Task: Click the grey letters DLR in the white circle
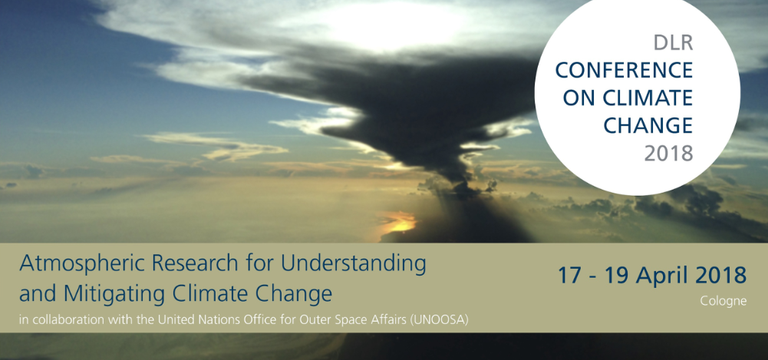pyautogui.click(x=674, y=43)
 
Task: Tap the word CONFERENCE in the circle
pyautogui.click(x=624, y=71)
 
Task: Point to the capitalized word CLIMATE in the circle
pyautogui.click(x=648, y=98)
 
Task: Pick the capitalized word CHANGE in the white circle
pyautogui.click(x=648, y=125)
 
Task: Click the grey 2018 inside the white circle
pyautogui.click(x=668, y=154)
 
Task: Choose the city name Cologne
pyautogui.click(x=724, y=301)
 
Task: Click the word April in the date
pyautogui.click(x=667, y=276)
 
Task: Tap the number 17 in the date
pyautogui.click(x=569, y=276)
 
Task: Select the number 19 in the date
pyautogui.click(x=615, y=276)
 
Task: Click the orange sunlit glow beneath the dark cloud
pyautogui.click(x=397, y=223)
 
